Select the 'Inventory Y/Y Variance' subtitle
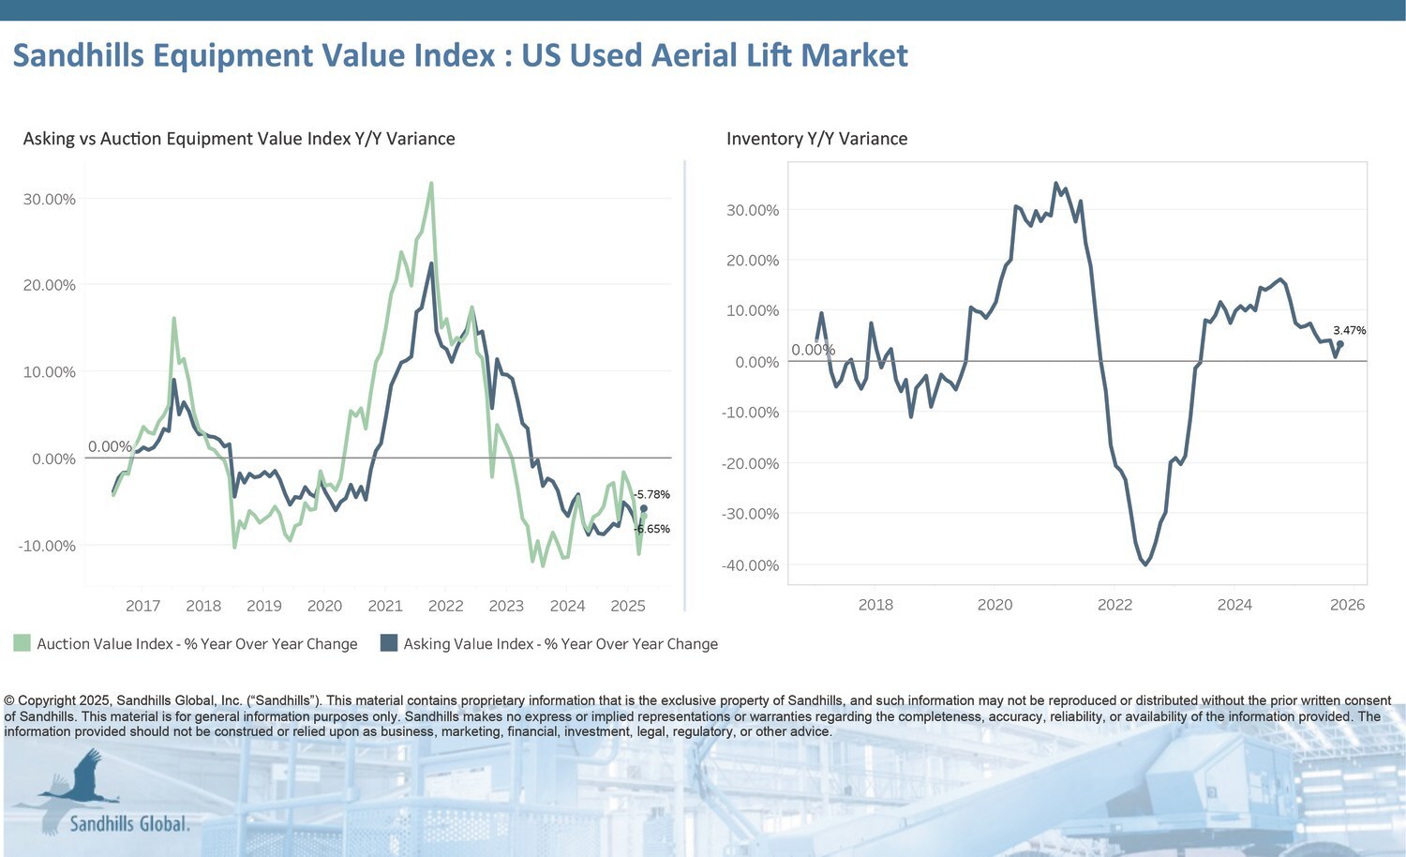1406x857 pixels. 816,139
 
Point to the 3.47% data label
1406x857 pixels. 1349,330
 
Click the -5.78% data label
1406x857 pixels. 652,494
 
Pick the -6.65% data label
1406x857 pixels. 652,529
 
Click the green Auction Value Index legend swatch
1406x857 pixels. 22,643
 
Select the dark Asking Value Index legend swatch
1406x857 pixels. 389,643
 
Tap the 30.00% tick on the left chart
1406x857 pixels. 49,199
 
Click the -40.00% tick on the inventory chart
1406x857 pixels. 751,565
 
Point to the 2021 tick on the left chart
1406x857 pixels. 384,606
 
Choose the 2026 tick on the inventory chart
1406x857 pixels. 1347,605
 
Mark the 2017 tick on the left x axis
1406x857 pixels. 142,606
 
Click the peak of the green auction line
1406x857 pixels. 431,183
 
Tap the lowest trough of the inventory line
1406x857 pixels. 1145,564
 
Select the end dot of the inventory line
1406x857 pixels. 1340,344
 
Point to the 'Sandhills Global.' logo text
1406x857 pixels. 129,824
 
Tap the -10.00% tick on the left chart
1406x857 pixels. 47,546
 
